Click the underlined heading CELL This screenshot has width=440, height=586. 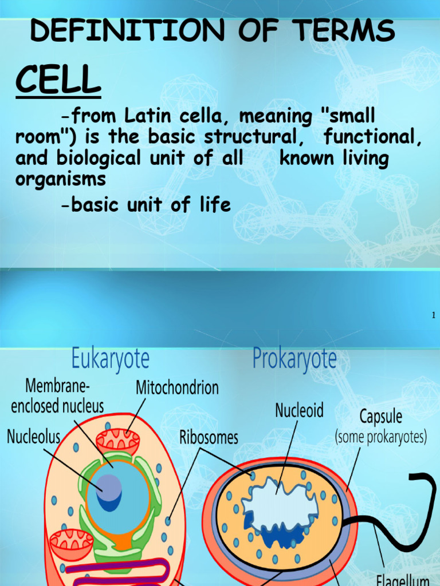(58, 81)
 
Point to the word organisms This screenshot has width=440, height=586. (61, 179)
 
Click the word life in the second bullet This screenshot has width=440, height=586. (213, 204)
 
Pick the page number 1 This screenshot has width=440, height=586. (434, 315)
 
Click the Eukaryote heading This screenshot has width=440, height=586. (111, 359)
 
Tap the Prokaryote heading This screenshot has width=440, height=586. (294, 360)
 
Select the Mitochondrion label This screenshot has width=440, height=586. (177, 388)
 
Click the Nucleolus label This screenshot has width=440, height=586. (33, 437)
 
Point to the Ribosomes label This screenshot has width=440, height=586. (209, 438)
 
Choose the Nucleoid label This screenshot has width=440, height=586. (299, 410)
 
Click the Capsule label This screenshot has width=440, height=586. (380, 416)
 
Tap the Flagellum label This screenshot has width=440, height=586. (403, 578)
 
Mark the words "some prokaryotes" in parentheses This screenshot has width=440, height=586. (380, 438)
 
